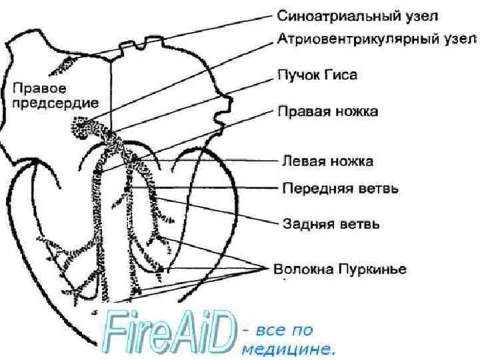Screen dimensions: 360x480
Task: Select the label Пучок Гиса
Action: click(317, 75)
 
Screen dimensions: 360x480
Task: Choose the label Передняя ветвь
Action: click(341, 189)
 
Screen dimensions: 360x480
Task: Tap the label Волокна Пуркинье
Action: click(341, 269)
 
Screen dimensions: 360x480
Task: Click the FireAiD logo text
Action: click(170, 332)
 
